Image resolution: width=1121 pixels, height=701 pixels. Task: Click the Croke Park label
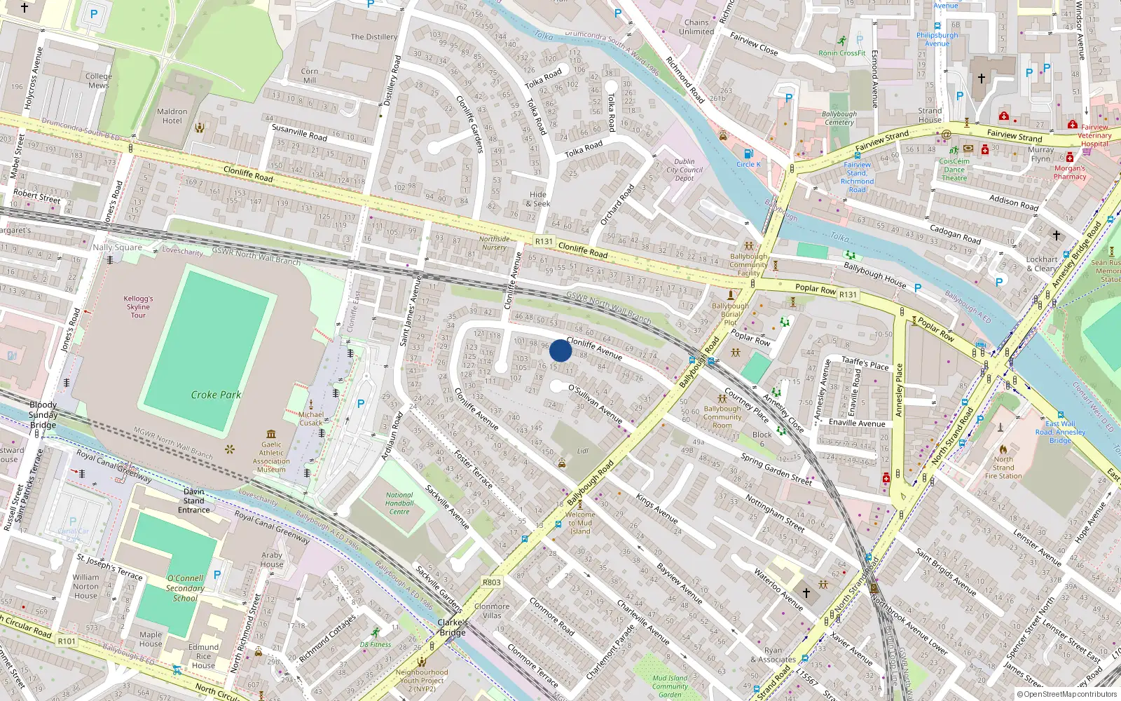pos(216,395)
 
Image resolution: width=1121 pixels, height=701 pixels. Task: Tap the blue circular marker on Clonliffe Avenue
pos(560,350)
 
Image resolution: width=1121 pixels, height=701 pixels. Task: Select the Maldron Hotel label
pos(172,116)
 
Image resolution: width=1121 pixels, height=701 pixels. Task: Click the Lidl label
pos(583,451)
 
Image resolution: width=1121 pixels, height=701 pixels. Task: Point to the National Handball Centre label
pos(399,503)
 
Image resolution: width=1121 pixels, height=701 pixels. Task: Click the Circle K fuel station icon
pos(748,154)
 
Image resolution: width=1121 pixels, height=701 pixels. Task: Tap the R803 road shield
pos(492,583)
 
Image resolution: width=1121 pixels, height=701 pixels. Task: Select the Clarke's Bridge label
pos(453,627)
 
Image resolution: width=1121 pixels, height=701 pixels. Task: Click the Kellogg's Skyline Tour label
pos(138,307)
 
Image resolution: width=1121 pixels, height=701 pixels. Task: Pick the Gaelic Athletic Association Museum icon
pos(271,434)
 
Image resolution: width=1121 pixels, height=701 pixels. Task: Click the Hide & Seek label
pos(538,199)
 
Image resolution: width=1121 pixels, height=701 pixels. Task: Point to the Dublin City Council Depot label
pos(685,170)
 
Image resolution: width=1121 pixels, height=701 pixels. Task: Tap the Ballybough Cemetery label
pos(839,118)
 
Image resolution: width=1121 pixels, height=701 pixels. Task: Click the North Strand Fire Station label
pos(1003,468)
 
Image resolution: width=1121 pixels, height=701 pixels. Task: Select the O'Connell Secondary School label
pos(185,588)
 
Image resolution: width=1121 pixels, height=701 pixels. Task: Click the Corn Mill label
pos(310,76)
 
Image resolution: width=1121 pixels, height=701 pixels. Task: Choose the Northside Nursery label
pos(494,243)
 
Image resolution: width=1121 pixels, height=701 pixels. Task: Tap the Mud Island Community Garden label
pos(670,686)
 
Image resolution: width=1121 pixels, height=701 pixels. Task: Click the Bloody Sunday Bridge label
pos(43,415)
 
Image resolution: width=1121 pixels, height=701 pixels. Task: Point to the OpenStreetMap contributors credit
pos(1066,695)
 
